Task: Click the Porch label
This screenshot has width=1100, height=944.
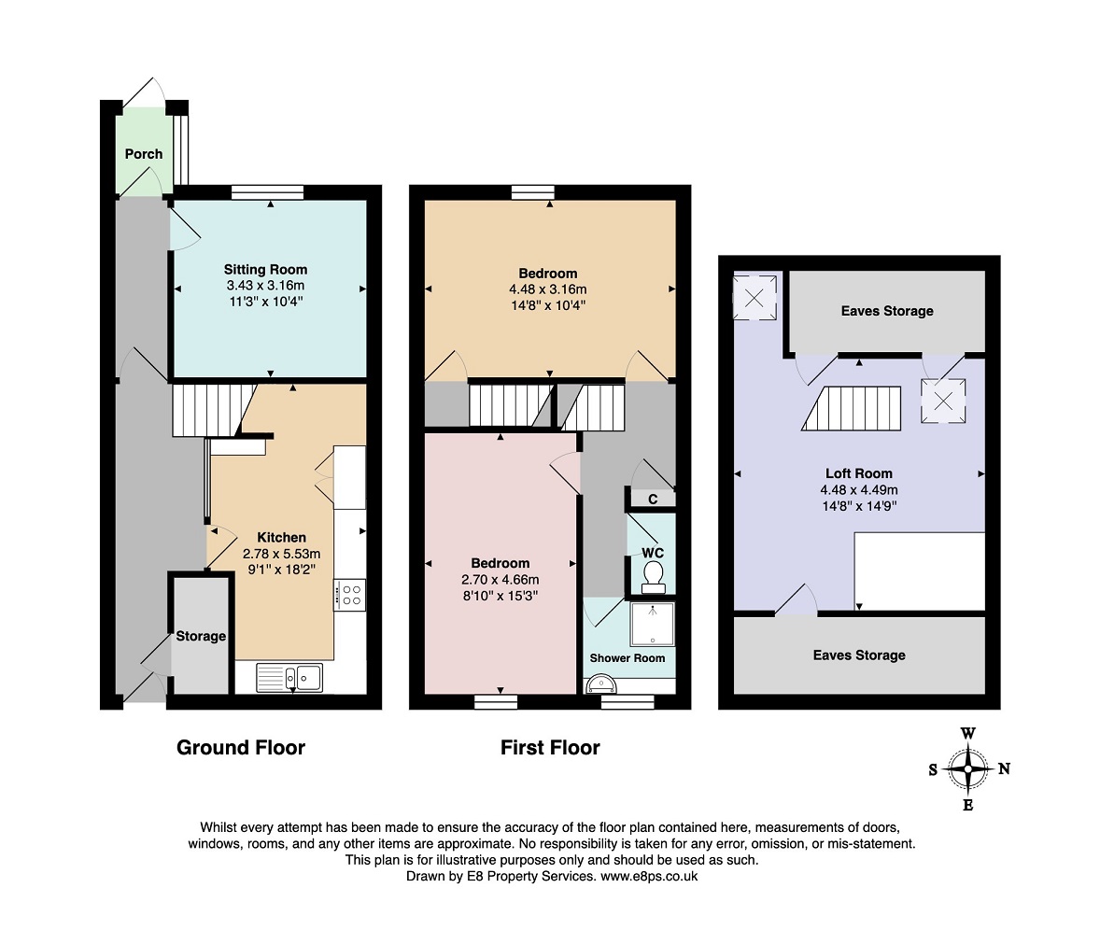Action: [x=144, y=154]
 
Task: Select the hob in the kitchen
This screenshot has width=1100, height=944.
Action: [x=350, y=595]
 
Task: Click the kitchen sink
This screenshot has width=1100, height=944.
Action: [x=289, y=678]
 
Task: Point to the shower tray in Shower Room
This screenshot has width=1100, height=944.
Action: [x=653, y=624]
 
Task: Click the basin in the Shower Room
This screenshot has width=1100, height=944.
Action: [x=600, y=684]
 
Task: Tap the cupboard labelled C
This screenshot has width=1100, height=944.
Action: [x=653, y=499]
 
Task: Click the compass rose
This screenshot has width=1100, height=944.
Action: [x=968, y=769]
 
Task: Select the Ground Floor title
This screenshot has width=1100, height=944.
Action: [x=241, y=748]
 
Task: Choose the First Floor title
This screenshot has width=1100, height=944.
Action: [x=550, y=748]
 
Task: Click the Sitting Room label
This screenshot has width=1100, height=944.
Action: [x=265, y=269]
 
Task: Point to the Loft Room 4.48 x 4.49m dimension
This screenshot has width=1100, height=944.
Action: [x=859, y=490]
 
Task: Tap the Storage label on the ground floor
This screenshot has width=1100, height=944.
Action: [x=201, y=636]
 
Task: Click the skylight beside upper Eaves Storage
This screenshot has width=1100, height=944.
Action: [x=754, y=298]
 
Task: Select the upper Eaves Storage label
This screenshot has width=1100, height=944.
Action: [x=887, y=311]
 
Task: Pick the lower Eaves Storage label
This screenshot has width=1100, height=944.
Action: [x=859, y=655]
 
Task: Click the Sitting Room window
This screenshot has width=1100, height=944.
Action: [x=268, y=192]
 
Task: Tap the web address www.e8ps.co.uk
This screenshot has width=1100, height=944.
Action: [x=649, y=876]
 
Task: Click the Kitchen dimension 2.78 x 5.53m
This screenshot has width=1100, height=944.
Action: [x=281, y=554]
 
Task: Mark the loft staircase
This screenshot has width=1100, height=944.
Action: [x=852, y=408]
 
